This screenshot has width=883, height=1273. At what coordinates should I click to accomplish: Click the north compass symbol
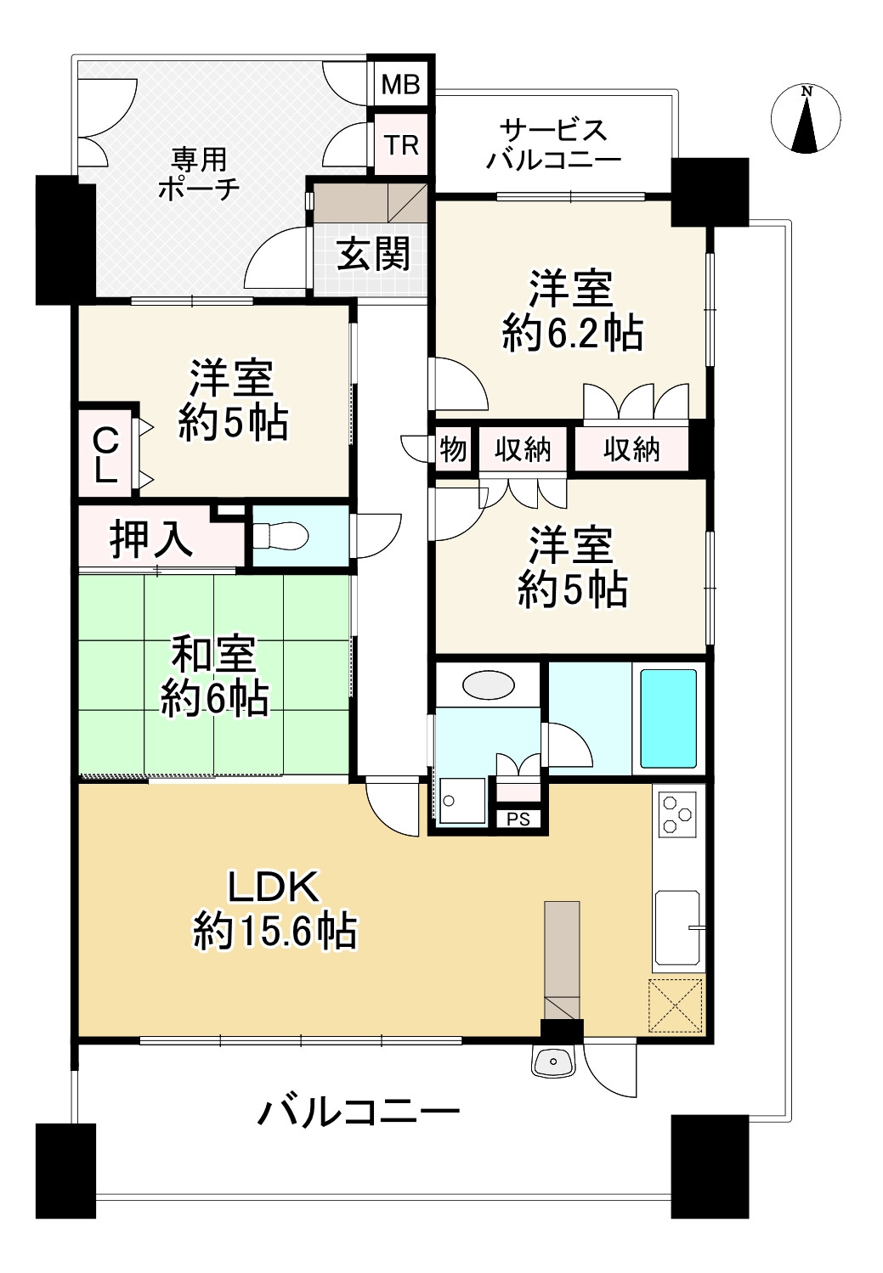click(x=806, y=120)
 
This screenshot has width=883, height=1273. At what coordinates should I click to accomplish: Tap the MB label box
click(x=400, y=84)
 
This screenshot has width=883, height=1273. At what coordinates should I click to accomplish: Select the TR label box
click(x=401, y=145)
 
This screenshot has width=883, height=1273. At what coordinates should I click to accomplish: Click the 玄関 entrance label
click(x=373, y=254)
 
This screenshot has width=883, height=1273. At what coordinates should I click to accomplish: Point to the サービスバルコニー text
click(x=553, y=144)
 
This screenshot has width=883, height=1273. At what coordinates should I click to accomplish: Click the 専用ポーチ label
click(x=199, y=173)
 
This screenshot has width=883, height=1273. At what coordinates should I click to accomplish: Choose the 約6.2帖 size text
click(x=572, y=334)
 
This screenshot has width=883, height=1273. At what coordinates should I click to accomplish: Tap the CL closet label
click(x=105, y=454)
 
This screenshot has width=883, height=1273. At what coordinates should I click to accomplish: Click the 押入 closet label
click(x=150, y=538)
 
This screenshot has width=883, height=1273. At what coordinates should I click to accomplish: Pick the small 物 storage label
click(x=453, y=448)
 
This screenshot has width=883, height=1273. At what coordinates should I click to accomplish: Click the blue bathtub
click(x=668, y=718)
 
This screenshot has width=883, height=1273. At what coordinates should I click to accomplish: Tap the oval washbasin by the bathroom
click(x=489, y=684)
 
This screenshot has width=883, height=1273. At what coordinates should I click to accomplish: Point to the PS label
click(x=518, y=819)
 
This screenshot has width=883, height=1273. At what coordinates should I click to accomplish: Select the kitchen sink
click(x=677, y=929)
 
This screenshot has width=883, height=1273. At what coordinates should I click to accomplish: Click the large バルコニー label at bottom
click(x=359, y=1112)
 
